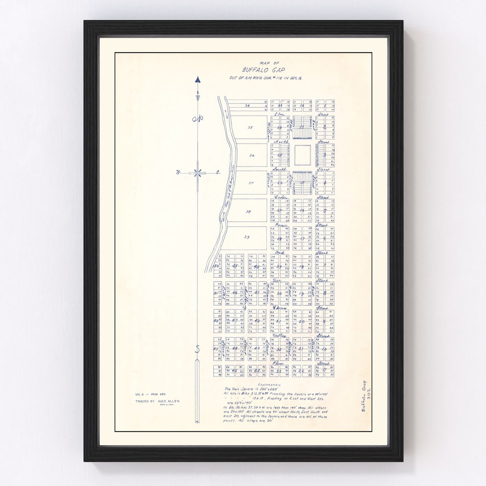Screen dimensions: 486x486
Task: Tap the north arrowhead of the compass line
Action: tap(198, 80)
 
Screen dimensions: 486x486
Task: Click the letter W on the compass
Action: tap(178, 172)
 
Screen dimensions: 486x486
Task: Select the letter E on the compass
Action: tap(217, 172)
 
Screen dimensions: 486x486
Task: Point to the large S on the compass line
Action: tap(197, 349)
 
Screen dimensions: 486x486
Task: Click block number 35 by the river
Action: tap(250, 127)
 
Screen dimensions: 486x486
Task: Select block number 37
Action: tap(251, 183)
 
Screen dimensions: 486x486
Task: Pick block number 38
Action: tap(248, 211)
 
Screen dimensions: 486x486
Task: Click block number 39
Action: tap(247, 237)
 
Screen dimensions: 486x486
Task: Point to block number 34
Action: tap(247, 106)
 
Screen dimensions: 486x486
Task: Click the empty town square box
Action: tap(302, 155)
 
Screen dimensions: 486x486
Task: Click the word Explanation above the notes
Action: tap(279, 386)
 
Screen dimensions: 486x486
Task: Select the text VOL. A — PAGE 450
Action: tap(149, 395)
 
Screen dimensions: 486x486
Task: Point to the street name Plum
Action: tap(277, 363)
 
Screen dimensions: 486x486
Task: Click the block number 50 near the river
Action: tap(216, 266)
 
